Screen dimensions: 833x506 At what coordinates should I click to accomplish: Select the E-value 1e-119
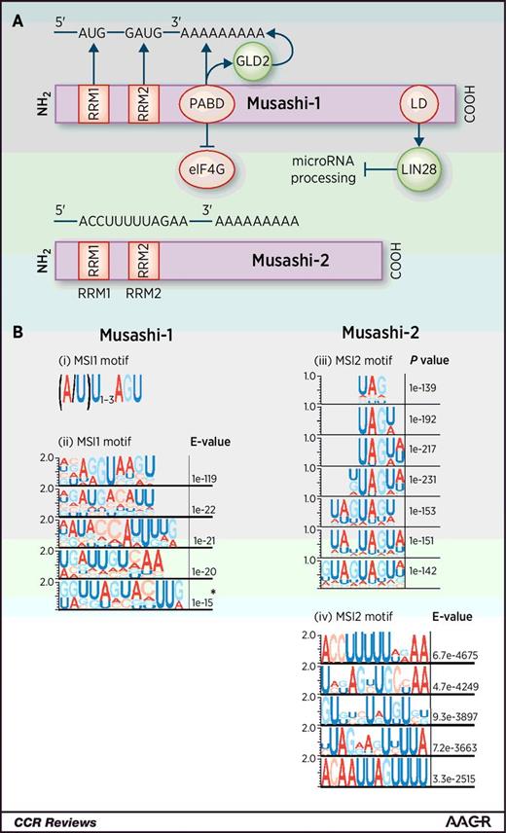(211, 479)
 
